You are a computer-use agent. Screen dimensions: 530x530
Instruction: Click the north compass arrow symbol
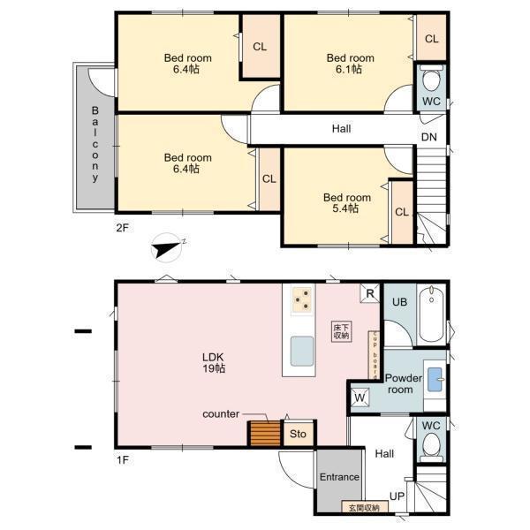click(x=166, y=248)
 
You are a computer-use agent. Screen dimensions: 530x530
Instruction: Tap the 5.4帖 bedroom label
click(x=347, y=203)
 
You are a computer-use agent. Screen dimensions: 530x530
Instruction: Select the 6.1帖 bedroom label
click(x=350, y=64)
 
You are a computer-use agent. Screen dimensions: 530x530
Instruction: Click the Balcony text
click(x=95, y=144)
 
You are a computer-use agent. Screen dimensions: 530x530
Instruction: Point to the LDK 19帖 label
click(x=213, y=363)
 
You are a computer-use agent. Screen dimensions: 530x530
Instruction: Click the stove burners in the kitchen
click(x=302, y=299)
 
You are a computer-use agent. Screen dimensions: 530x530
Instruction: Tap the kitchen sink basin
click(x=302, y=352)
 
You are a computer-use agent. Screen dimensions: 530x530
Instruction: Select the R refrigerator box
click(x=370, y=293)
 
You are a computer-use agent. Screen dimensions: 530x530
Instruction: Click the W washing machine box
click(x=360, y=397)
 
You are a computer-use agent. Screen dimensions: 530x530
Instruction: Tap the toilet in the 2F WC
click(x=432, y=78)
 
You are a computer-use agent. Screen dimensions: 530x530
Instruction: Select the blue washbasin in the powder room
click(x=435, y=379)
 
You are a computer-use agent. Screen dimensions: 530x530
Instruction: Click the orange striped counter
click(x=265, y=434)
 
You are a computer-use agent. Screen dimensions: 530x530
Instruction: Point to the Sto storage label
click(x=298, y=434)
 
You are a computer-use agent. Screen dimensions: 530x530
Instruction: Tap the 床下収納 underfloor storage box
click(x=341, y=332)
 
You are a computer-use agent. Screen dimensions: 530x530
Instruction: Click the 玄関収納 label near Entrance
click(x=364, y=508)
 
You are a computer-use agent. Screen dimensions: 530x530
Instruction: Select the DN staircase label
click(x=429, y=137)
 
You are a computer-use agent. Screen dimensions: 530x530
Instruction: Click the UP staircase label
click(x=397, y=496)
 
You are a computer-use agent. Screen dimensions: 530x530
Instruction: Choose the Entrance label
click(x=339, y=477)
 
